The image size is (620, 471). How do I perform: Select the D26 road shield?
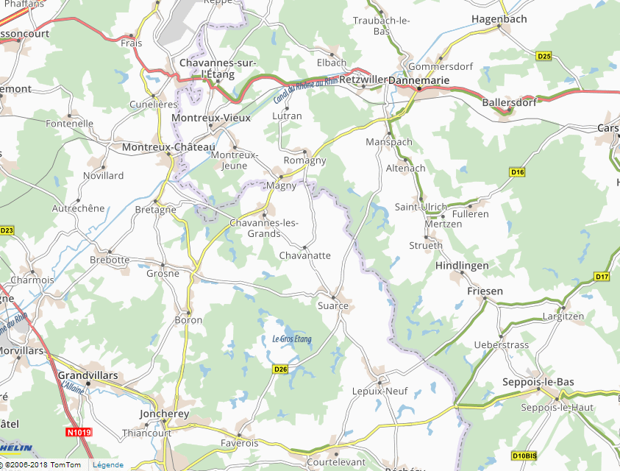279,369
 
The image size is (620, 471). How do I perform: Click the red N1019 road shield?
77,433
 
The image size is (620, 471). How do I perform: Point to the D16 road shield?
517,171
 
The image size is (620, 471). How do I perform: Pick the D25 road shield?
544,56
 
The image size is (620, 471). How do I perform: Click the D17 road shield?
602,277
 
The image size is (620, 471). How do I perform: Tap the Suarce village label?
332,305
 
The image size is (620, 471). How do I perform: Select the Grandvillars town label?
88,375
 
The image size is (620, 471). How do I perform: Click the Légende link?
108,465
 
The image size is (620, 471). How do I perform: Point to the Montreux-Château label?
169,147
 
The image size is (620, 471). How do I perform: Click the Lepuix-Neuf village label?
380,391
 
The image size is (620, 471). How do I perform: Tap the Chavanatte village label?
305,255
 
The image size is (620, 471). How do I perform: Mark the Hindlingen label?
462,265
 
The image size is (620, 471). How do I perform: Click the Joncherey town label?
165,414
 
